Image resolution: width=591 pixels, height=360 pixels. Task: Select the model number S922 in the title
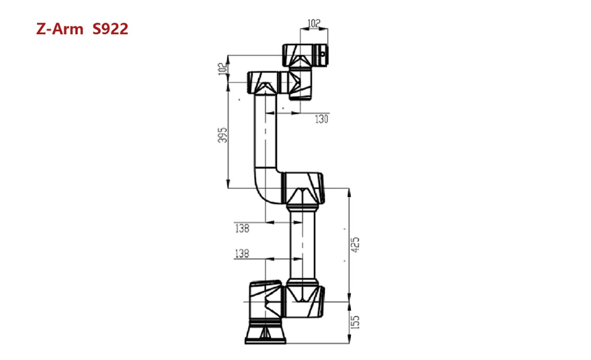tap(110, 29)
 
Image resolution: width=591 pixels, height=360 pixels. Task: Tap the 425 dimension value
tap(356, 244)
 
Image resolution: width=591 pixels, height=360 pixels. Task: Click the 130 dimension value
tap(321, 119)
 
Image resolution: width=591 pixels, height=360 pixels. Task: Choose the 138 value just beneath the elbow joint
tap(241, 229)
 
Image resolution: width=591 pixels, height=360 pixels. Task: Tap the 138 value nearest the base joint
tap(241, 254)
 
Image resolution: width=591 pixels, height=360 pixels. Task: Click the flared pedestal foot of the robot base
tap(264, 334)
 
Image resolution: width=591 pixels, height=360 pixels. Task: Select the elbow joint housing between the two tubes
tap(302, 188)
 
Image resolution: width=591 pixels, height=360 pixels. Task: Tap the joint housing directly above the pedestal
tap(264, 299)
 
